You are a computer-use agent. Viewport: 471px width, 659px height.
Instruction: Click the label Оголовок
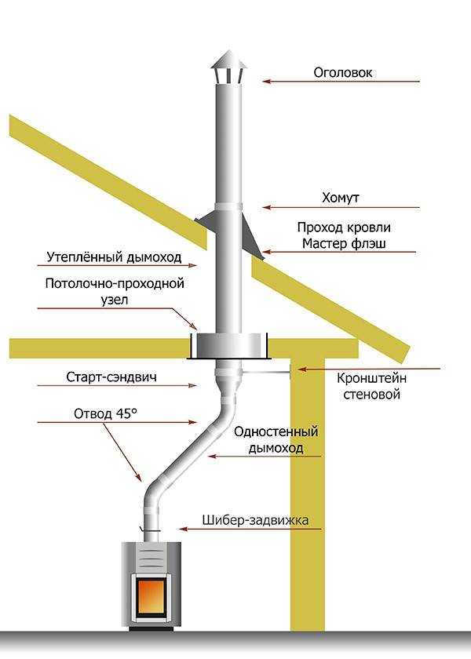click(343, 72)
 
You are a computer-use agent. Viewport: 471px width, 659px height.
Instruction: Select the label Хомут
click(341, 198)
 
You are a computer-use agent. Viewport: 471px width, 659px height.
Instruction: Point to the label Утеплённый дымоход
click(114, 257)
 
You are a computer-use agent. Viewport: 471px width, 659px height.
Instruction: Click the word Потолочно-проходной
click(115, 284)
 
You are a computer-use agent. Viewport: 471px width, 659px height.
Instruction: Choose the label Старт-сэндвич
click(111, 377)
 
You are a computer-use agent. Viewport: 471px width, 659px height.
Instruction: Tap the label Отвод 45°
click(105, 413)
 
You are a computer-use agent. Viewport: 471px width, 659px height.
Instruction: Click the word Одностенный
click(276, 431)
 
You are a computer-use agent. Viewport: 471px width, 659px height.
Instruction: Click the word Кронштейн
click(372, 378)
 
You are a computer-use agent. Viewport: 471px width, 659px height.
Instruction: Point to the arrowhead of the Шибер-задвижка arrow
click(182, 529)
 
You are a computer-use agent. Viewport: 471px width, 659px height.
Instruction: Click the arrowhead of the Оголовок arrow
click(266, 81)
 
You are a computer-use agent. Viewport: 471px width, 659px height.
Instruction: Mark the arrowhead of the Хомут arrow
click(266, 207)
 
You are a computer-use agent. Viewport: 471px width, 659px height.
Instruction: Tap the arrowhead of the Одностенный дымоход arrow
click(211, 456)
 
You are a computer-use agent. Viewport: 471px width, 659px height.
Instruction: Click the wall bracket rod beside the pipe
click(266, 373)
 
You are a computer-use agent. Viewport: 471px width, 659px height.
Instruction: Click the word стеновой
click(372, 395)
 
